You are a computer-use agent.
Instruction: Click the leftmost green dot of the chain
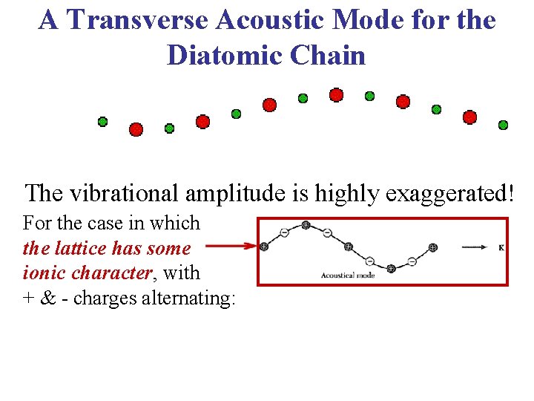[x=102, y=122]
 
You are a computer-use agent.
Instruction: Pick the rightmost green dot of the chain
[x=503, y=125]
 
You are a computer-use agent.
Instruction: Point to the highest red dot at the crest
[x=336, y=95]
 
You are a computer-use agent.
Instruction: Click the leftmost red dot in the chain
[x=136, y=129]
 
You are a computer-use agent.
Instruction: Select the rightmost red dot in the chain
[x=469, y=117]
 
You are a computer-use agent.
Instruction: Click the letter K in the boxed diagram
[x=501, y=247]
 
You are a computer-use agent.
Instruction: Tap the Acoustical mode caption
[x=348, y=276]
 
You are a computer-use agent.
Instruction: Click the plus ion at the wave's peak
[x=306, y=225]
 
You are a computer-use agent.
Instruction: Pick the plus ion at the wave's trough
[x=391, y=268]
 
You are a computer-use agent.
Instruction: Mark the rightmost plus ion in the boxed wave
[x=433, y=247]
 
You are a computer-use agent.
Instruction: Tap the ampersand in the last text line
[x=47, y=298]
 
